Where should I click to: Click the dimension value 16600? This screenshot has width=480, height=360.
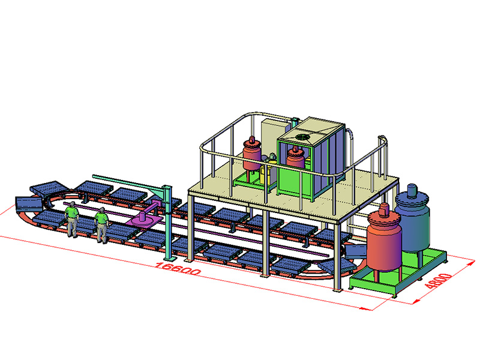click(x=178, y=269)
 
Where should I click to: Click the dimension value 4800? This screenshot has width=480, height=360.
click(x=439, y=281)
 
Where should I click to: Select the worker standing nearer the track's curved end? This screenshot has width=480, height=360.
click(x=72, y=219)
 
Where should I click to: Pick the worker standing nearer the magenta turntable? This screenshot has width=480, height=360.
click(x=101, y=225)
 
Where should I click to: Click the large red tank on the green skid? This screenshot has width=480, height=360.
click(x=384, y=241)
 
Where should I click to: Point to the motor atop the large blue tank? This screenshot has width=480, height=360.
click(x=412, y=190)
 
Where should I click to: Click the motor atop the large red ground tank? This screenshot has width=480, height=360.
click(x=384, y=209)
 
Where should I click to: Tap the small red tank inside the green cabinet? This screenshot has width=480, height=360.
click(x=295, y=158)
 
